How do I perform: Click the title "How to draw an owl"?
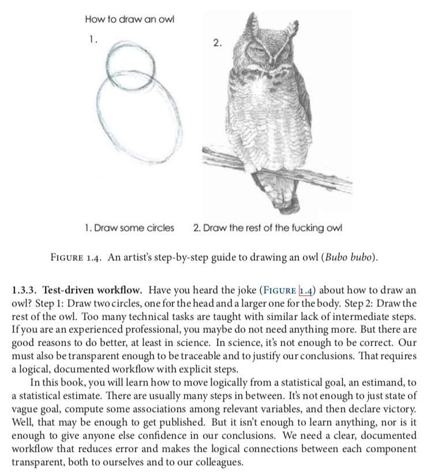[129, 20]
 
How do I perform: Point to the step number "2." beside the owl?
[216, 43]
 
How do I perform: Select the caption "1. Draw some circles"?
[129, 227]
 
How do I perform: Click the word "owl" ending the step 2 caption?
[334, 227]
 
